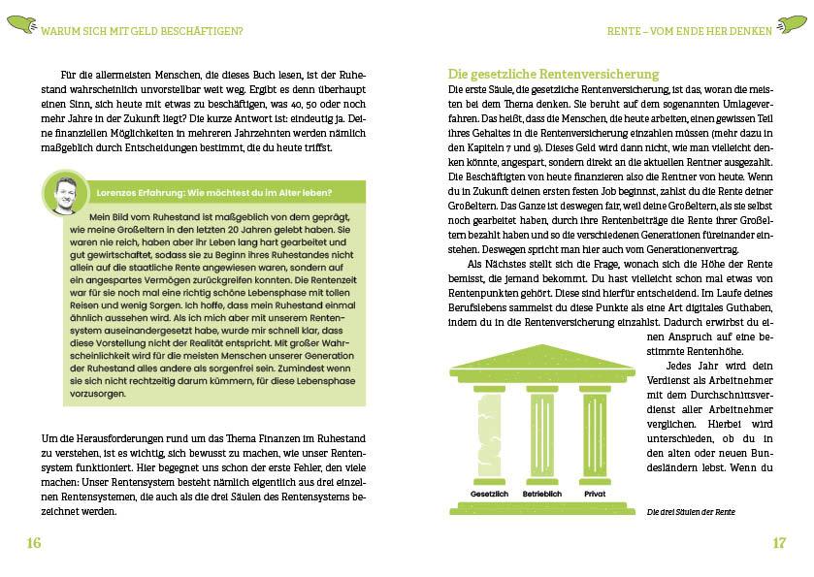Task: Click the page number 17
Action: [778, 543]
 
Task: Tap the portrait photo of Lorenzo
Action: [66, 192]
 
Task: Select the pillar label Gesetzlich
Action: [489, 494]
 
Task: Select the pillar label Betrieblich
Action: [542, 494]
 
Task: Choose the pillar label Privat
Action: [595, 494]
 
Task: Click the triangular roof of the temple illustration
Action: [541, 358]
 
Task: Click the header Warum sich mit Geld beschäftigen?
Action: [143, 31]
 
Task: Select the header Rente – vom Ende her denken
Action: [689, 31]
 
